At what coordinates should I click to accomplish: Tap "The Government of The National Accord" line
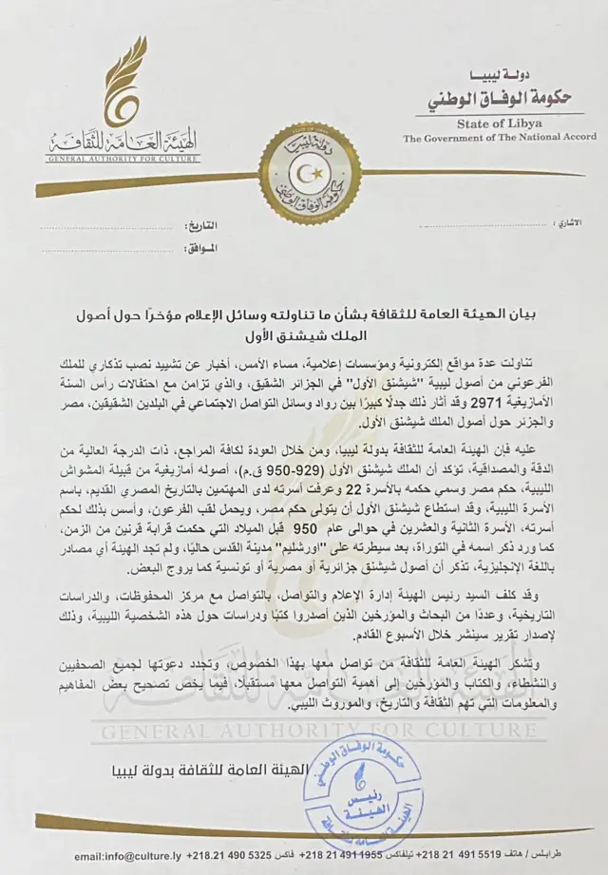(x=500, y=138)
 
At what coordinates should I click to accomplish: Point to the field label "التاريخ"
(x=199, y=228)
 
